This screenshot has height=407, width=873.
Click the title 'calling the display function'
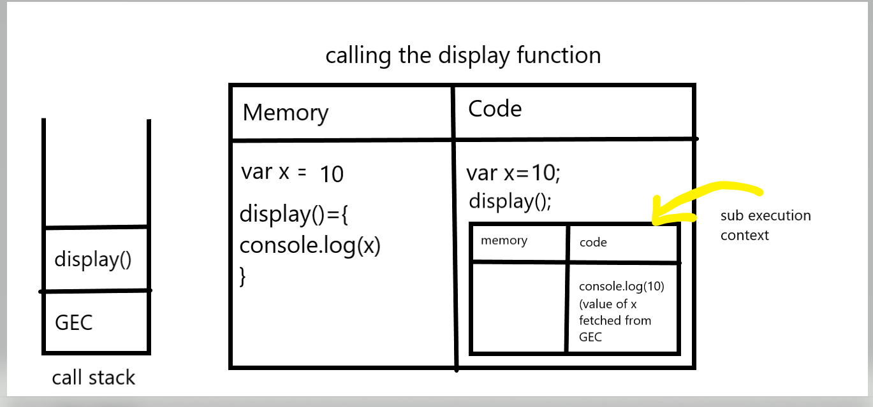point(463,56)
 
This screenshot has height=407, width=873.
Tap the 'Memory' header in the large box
point(285,113)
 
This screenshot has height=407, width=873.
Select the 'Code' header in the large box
point(495,108)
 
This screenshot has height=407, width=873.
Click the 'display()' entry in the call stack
point(92,259)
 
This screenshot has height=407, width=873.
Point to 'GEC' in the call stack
point(74,322)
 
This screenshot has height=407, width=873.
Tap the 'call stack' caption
point(94,378)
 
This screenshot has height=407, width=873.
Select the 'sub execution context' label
point(765,225)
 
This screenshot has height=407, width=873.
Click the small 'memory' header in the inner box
point(504,241)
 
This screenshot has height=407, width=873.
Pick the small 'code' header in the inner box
point(593,243)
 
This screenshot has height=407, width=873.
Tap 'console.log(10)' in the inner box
point(621,287)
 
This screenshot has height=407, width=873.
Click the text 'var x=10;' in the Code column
point(513,173)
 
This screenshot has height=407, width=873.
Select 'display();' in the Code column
point(510,201)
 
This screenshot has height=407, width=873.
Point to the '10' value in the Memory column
point(332,174)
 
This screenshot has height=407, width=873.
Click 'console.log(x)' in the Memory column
point(310,245)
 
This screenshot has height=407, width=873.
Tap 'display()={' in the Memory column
point(293,215)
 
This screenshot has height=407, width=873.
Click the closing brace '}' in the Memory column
point(242,276)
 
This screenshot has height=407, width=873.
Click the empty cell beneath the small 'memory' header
point(518,308)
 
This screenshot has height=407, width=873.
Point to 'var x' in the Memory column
point(265,172)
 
